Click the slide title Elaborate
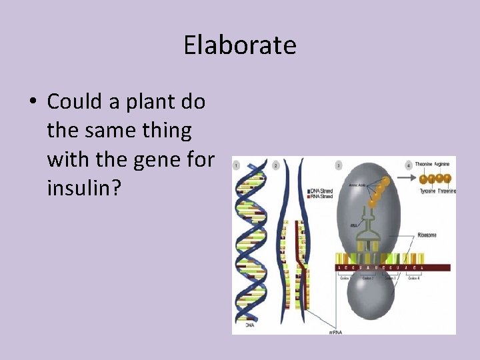[x=240, y=45]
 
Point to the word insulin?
[x=84, y=188]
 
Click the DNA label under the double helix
[x=249, y=325]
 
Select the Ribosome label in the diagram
[x=427, y=235]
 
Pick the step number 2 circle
[x=277, y=164]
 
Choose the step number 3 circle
[x=339, y=164]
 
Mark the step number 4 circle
[x=409, y=164]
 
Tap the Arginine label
[x=445, y=164]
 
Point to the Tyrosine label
[x=427, y=191]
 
